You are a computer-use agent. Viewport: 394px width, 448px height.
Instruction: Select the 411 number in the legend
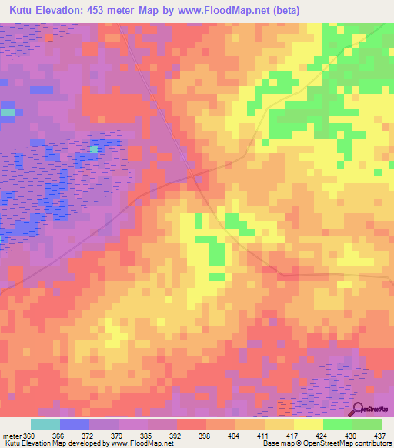[x=263, y=435]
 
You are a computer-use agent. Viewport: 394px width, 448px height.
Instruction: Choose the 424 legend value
[x=322, y=435]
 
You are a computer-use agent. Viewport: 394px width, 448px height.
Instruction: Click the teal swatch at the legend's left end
[x=45, y=424]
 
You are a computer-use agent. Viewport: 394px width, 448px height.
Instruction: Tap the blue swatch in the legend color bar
[x=75, y=424]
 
